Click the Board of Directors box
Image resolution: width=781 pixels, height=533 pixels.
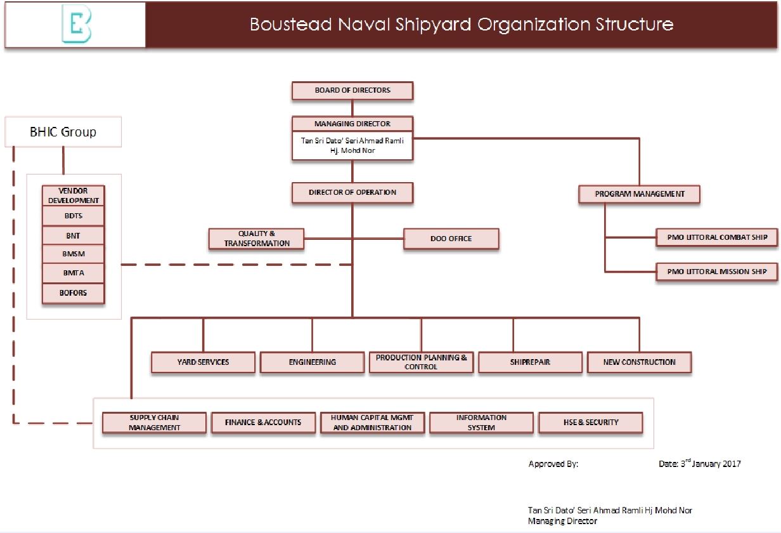[352, 91]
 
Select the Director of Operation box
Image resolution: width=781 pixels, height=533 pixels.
[352, 192]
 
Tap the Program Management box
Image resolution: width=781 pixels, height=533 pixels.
[639, 194]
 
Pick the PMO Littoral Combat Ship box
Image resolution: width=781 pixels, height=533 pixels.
[716, 237]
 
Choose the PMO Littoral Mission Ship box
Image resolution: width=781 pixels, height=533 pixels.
[716, 272]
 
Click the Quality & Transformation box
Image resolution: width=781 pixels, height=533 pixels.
[257, 239]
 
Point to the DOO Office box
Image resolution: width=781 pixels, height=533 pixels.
[451, 239]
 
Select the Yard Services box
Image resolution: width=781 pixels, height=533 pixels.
[203, 362]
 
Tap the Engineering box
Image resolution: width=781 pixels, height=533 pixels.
[312, 362]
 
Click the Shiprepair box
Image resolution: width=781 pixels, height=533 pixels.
[530, 362]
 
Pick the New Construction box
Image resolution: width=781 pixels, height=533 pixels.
[639, 362]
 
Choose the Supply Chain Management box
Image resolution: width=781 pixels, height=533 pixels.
[154, 423]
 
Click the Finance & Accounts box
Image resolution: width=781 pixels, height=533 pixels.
[263, 423]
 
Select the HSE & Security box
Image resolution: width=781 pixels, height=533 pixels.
[590, 423]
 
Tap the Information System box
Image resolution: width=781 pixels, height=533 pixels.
[481, 423]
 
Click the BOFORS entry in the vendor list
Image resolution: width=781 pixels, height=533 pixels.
[74, 293]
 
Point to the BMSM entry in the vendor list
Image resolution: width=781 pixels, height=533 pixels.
[74, 254]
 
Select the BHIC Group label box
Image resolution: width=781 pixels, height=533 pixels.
[63, 132]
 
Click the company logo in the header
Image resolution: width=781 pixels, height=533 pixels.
[75, 25]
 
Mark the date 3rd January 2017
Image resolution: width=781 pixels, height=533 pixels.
[699, 464]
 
